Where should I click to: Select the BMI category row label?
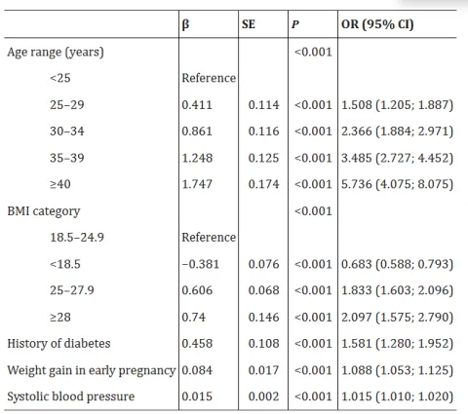point(44,210)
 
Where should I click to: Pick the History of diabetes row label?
point(58,343)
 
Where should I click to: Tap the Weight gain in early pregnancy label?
point(92,370)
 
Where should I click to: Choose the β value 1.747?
point(198,184)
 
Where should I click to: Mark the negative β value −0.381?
point(200,264)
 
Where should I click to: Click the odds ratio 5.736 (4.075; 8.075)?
point(398,184)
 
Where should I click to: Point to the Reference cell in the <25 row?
point(209,78)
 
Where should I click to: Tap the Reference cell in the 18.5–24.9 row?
point(209,237)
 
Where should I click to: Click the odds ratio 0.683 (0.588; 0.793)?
point(398,264)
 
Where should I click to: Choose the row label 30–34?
point(68,131)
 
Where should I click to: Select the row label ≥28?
point(59,317)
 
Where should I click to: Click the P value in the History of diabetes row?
point(313,343)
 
